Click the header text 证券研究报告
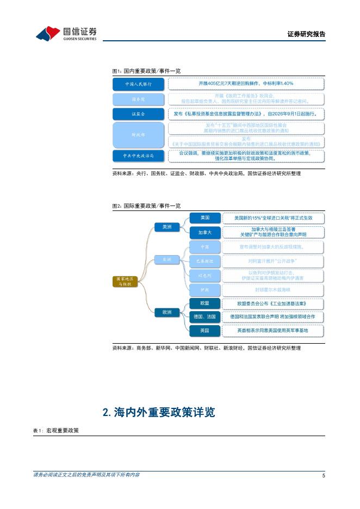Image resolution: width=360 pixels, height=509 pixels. coord(306,34)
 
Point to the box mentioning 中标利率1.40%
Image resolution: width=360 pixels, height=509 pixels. coord(246,84)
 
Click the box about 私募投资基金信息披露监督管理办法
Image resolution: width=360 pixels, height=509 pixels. coord(246,114)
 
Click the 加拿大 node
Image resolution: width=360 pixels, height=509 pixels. coord(205,232)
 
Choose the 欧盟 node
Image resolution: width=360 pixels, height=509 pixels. coord(205,302)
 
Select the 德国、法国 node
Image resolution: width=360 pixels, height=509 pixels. coord(205,316)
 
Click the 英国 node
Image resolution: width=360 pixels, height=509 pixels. coord(205,330)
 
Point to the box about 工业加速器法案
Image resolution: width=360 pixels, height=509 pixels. coord(273,302)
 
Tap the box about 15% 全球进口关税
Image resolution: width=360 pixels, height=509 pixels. coord(273,218)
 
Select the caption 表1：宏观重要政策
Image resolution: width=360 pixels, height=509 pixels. coord(56,430)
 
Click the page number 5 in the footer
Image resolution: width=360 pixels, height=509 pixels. coord(323,476)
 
